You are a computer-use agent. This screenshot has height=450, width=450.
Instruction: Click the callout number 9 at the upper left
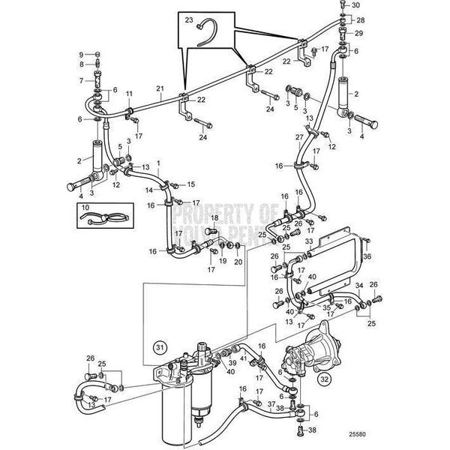point(81,54)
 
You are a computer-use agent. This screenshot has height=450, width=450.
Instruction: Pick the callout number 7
point(81,79)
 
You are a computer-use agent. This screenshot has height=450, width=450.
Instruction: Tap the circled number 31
point(159,347)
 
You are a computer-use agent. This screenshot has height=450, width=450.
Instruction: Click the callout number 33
point(309,241)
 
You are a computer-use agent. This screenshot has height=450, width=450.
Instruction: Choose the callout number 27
point(298,137)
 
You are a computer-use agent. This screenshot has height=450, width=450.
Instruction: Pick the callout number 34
point(358,285)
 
